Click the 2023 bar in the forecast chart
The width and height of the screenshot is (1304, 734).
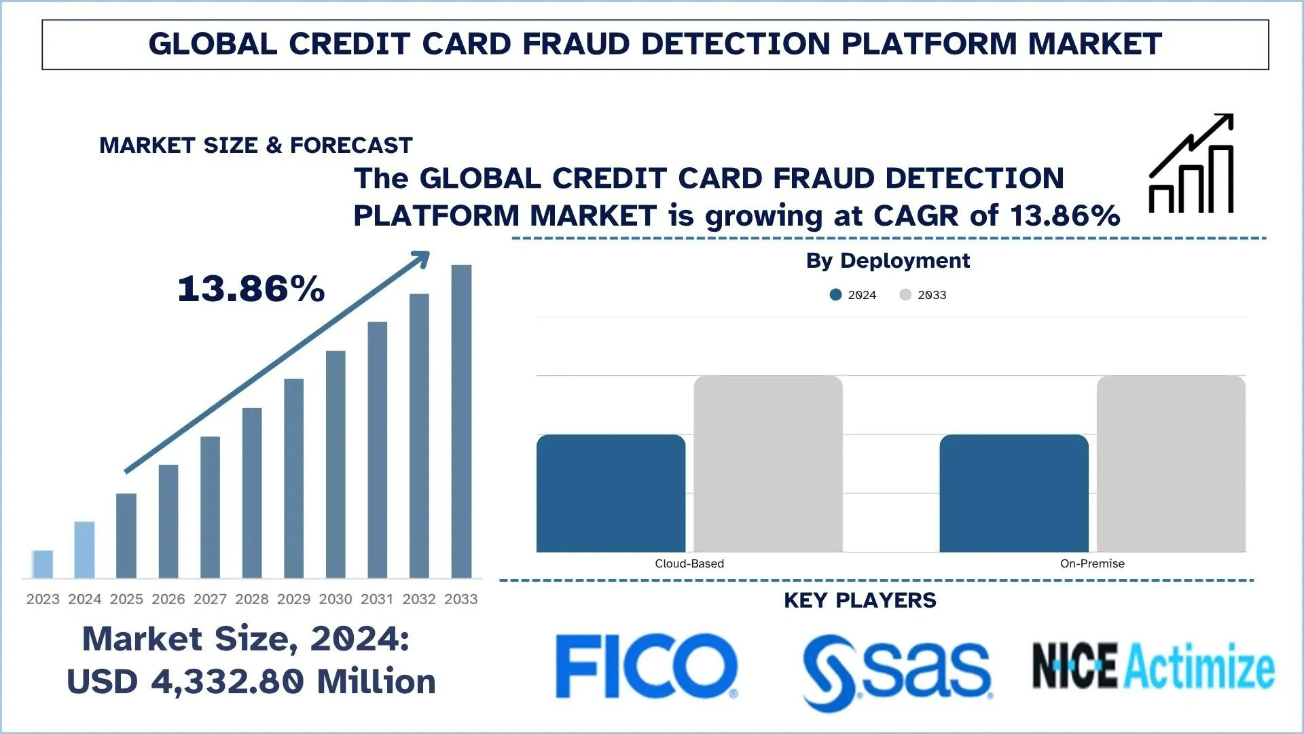[42, 564]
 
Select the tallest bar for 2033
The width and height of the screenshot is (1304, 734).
[461, 421]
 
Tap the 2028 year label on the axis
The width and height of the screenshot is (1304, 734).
[252, 599]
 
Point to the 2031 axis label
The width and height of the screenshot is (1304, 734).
[377, 599]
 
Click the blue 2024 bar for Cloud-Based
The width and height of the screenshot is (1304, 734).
[611, 493]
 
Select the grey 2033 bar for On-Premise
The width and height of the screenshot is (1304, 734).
[1171, 464]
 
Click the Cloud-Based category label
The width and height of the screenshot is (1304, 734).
[689, 563]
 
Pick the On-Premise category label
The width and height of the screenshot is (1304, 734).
[1092, 563]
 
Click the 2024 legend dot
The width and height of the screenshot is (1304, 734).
[835, 294]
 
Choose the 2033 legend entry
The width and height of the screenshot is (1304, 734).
[923, 294]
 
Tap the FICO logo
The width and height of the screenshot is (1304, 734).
[646, 666]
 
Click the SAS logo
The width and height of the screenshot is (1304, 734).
[896, 672]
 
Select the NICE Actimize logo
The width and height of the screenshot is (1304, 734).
[1153, 665]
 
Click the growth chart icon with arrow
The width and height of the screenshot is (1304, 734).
[1191, 163]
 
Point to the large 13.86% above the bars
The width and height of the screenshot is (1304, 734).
[251, 289]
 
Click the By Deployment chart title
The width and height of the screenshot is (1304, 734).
[888, 260]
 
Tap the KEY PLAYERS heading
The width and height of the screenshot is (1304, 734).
[860, 600]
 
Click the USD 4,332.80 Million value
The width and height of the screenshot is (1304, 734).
[251, 682]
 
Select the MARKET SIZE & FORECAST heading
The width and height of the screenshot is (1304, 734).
[256, 145]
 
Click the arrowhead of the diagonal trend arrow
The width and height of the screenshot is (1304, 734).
[422, 258]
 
